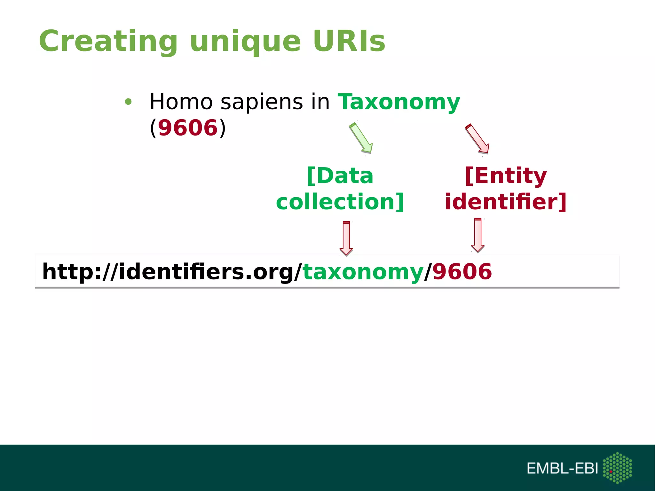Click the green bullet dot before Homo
coord(128,102)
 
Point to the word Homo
coord(181,102)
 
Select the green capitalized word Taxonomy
coord(399,102)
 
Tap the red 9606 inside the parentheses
coord(188,128)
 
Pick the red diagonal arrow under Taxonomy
coord(477,138)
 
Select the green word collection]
coord(340,202)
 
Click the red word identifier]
coord(506,202)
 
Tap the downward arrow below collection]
coord(346,238)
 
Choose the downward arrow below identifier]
coord(478,235)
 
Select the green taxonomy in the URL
coord(363,272)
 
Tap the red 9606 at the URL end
coord(462,271)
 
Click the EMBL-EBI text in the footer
coord(562,468)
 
